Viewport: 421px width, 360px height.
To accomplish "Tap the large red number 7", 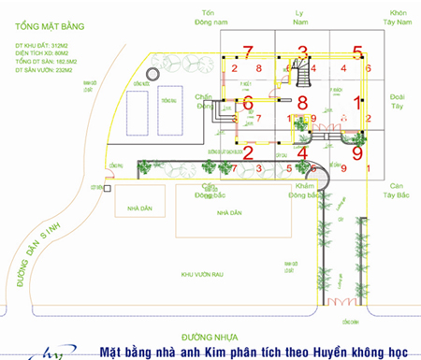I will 248,51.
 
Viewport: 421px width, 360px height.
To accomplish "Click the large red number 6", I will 248,103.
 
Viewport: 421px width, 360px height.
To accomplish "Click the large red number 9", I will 357,151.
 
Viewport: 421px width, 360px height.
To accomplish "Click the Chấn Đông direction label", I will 206,102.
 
